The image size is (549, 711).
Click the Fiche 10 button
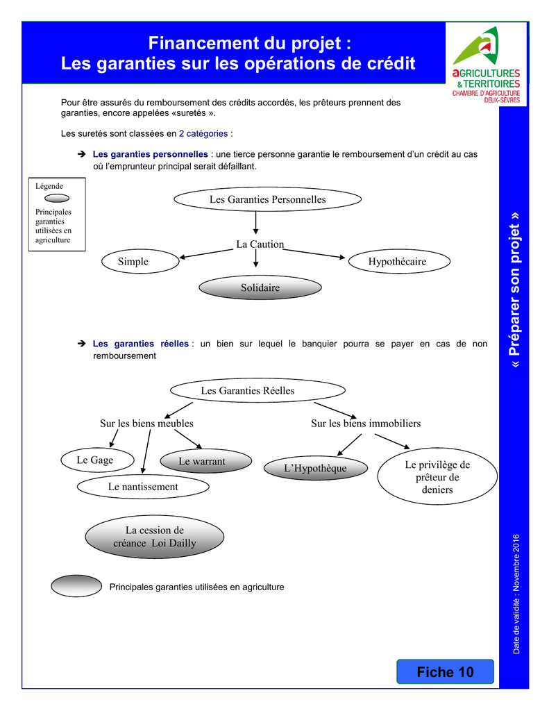coord(445,671)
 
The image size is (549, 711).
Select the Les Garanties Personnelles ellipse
coord(267,199)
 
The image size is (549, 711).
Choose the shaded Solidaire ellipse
coord(260,287)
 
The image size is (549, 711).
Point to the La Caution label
coord(260,244)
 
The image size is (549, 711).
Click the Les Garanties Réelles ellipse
coord(257,390)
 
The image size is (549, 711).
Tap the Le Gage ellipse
coord(97,460)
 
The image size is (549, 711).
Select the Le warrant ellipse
coord(206,461)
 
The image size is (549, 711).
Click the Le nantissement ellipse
coord(143,487)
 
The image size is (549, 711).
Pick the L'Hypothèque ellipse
coord(316,468)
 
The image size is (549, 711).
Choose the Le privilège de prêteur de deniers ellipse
coord(437,476)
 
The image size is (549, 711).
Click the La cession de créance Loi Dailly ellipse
coord(155,537)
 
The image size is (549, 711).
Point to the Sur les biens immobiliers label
coord(366,424)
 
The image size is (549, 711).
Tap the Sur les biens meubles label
coord(146,424)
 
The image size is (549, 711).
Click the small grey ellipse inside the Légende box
coord(57,198)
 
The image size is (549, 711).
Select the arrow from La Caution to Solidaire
coord(255,258)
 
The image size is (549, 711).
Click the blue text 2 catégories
coord(203,134)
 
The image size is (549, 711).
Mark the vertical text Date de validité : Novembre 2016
coord(516,594)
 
